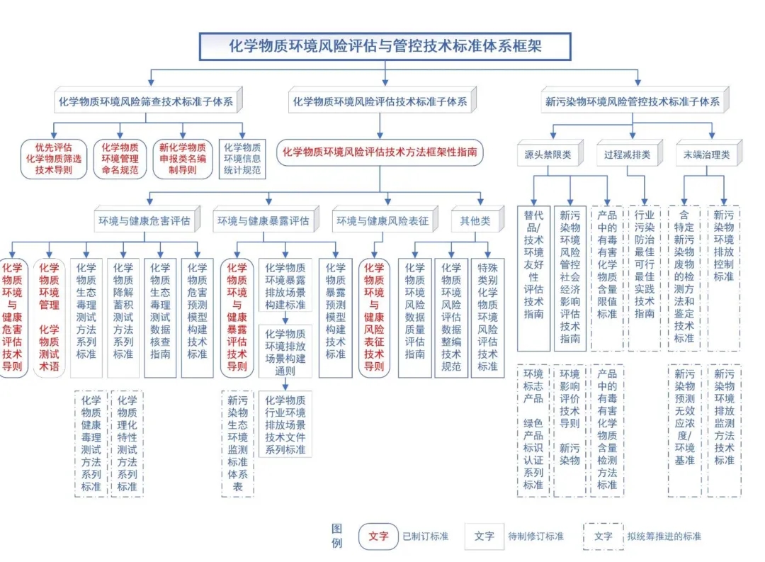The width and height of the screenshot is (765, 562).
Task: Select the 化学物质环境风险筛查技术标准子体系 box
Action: (x=146, y=101)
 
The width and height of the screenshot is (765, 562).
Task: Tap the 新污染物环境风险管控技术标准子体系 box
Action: (x=633, y=101)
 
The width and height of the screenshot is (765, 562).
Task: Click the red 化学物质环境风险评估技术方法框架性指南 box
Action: (x=380, y=152)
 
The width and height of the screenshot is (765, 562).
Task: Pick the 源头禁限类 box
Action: (x=548, y=154)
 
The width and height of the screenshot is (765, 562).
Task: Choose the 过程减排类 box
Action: (x=627, y=154)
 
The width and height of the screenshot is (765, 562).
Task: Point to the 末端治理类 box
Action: (x=706, y=154)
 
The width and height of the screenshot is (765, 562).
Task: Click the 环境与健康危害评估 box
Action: (x=144, y=221)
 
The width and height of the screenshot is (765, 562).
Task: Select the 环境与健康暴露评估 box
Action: (x=263, y=221)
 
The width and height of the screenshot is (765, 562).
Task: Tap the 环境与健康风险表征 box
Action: (x=382, y=221)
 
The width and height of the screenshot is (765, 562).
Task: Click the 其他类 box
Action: (x=475, y=221)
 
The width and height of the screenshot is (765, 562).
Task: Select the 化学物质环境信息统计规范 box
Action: (x=242, y=159)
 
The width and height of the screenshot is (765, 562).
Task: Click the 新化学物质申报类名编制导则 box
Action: (x=183, y=159)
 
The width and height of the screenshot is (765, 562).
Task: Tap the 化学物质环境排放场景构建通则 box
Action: (x=285, y=352)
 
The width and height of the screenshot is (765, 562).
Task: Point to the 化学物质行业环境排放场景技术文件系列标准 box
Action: (x=285, y=425)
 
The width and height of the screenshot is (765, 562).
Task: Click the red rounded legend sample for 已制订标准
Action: (x=378, y=536)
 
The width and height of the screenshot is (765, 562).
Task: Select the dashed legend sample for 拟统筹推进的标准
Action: (x=603, y=536)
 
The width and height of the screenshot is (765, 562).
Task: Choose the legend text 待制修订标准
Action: (x=536, y=536)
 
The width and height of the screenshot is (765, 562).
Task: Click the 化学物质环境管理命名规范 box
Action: (x=120, y=159)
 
